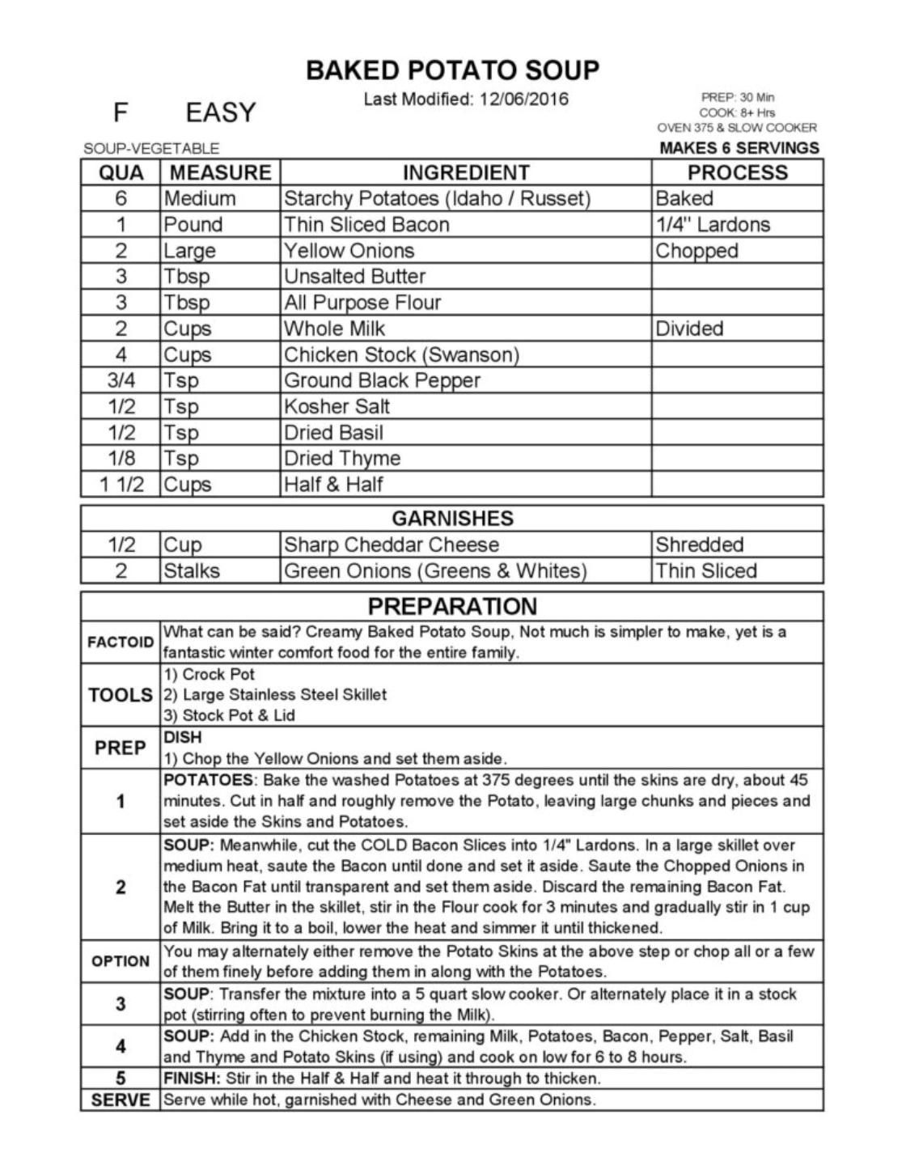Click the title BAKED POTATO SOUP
(x=452, y=70)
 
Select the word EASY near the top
(x=220, y=112)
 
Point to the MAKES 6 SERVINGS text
(x=739, y=148)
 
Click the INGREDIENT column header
(x=465, y=172)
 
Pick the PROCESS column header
(x=737, y=172)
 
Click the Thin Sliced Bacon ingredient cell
(x=366, y=224)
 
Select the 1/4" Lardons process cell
(x=713, y=224)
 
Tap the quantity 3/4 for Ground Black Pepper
(x=121, y=380)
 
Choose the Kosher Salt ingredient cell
(x=337, y=406)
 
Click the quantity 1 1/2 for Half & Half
(x=121, y=485)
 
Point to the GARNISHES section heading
(x=452, y=518)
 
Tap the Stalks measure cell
(x=192, y=570)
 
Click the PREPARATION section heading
(x=452, y=606)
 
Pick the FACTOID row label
(x=121, y=642)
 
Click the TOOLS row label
(x=121, y=695)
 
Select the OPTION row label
(x=121, y=961)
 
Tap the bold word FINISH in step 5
(x=191, y=1079)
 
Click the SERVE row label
(x=121, y=1100)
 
